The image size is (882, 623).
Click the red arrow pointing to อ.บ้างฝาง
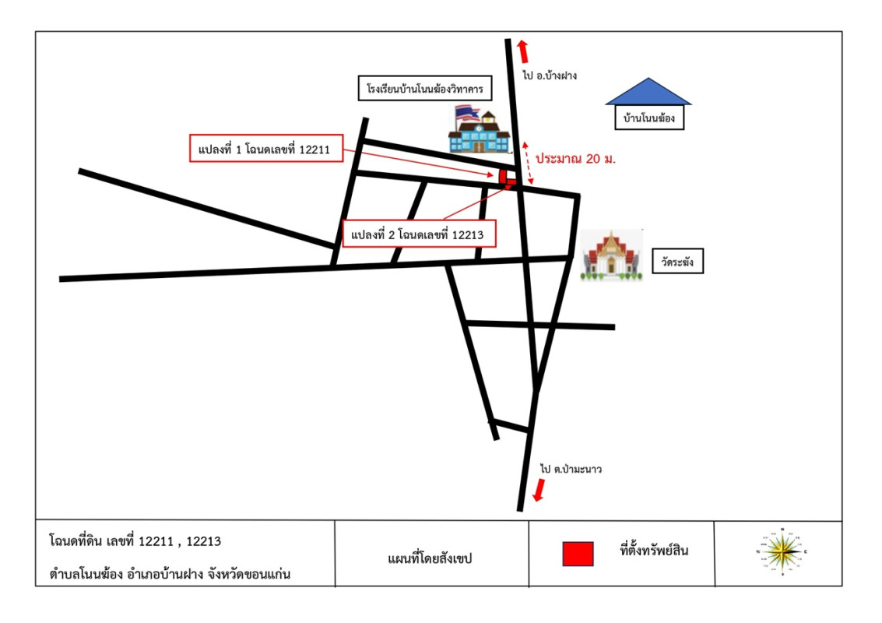[x=524, y=51]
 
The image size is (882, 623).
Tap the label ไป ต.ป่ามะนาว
[x=571, y=470]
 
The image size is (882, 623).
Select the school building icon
[x=480, y=129]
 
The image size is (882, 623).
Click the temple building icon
[x=613, y=255]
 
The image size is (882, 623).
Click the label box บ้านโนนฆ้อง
[x=648, y=120]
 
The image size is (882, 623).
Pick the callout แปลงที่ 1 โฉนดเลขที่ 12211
[x=267, y=149]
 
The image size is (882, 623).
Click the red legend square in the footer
[x=578, y=553]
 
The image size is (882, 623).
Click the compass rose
[x=782, y=552]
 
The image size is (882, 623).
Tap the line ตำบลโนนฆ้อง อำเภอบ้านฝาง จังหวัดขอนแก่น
[x=174, y=575]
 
